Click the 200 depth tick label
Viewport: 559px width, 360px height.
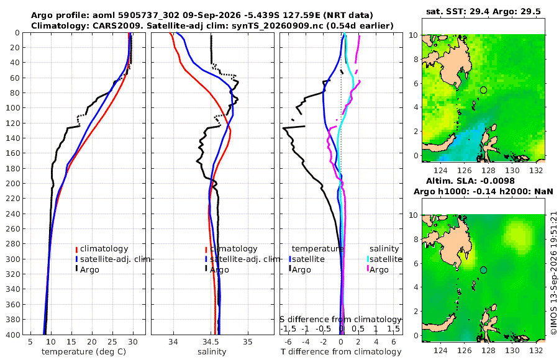13,183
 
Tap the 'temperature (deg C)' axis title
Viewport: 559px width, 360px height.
84,352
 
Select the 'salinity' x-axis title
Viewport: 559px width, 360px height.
212,352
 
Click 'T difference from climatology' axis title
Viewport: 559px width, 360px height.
341,352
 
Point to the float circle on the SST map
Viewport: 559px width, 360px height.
483,90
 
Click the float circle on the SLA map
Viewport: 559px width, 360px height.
483,270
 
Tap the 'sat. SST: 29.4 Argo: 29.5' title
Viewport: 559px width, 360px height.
483,12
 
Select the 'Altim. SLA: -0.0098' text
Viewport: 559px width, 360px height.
470,181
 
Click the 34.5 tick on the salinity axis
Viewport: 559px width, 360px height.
211,342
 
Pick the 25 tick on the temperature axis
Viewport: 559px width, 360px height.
112,342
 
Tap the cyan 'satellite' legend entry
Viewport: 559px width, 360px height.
384,259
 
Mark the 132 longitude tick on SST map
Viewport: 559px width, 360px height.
536,171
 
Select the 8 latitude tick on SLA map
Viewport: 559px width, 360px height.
416,239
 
